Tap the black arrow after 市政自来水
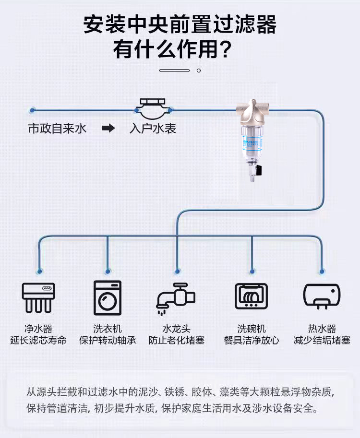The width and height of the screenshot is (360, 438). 109,129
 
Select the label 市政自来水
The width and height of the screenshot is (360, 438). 57,129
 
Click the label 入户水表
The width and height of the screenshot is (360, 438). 153,129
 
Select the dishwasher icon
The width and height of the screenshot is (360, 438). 251,296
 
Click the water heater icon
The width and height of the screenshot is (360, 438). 322,296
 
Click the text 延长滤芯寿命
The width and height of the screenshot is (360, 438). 38,341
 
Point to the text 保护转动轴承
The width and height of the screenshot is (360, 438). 108,341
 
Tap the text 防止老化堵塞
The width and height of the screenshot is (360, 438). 176,341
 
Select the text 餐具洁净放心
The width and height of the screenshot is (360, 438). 251,341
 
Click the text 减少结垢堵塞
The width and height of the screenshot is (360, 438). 322,341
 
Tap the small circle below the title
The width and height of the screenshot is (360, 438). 199,71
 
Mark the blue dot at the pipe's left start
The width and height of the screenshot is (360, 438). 32,110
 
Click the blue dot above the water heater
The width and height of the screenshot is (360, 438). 322,271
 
